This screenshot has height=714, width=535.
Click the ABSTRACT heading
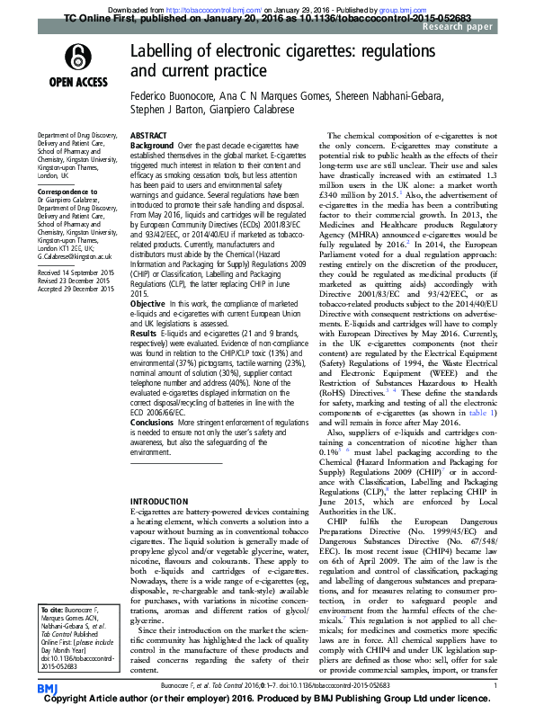click(x=148, y=135)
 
